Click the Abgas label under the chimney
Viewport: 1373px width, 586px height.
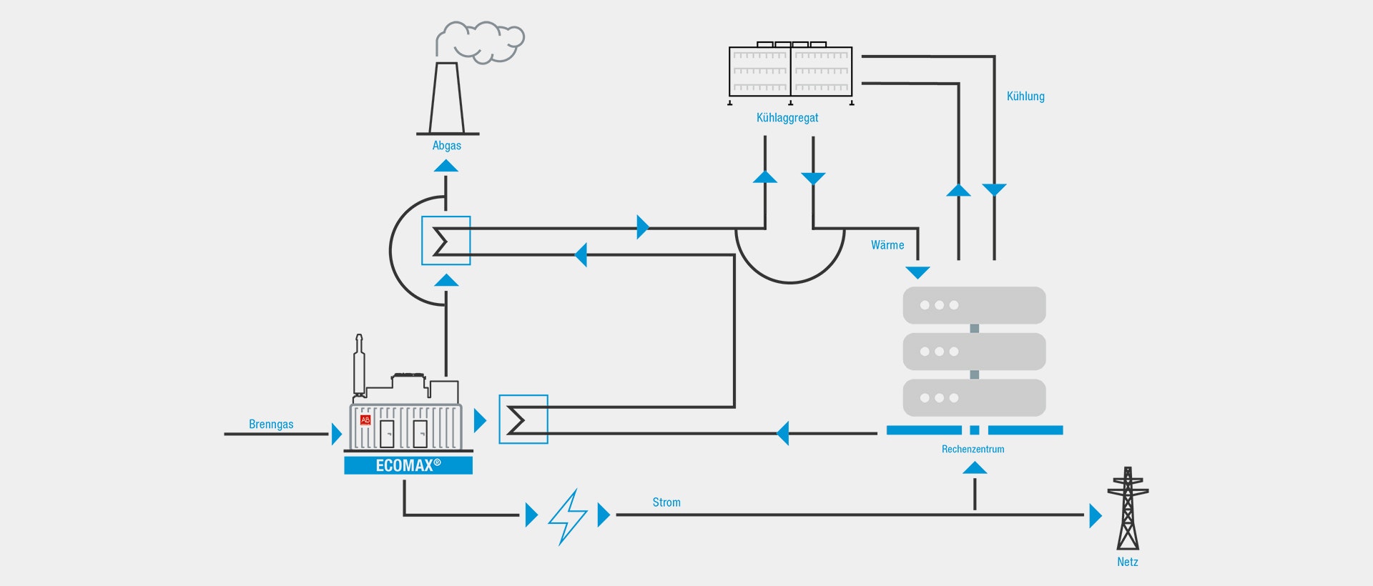point(446,146)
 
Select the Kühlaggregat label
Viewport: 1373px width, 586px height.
point(787,118)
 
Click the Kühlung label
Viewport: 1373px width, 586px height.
point(1025,96)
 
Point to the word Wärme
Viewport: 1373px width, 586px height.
point(887,245)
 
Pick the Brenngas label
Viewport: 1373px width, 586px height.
point(271,424)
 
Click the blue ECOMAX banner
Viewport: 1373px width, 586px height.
point(408,465)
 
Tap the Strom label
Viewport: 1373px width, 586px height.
point(666,502)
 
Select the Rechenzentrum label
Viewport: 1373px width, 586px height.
point(973,450)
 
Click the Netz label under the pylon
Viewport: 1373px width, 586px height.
point(1128,562)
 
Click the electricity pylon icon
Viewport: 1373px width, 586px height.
point(1128,508)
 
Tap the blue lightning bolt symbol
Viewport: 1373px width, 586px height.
point(568,517)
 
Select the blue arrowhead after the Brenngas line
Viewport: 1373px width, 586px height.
point(337,434)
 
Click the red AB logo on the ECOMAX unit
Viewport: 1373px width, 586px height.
point(365,420)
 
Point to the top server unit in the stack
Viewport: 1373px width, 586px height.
point(974,305)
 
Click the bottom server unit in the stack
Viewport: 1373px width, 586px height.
point(974,398)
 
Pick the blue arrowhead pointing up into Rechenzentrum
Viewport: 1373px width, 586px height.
point(975,467)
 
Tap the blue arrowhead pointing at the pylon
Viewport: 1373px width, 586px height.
point(1096,515)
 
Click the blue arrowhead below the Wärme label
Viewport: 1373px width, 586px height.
point(917,273)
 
